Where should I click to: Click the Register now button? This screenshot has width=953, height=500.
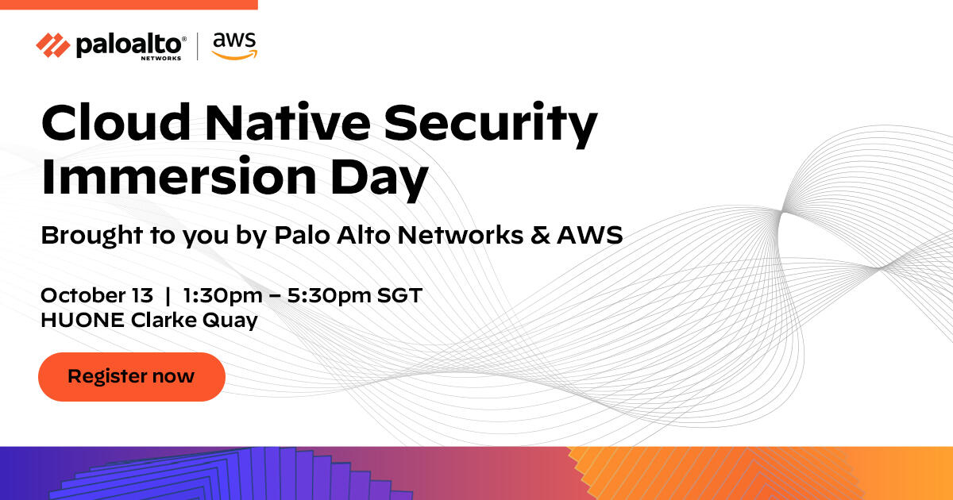point(132,376)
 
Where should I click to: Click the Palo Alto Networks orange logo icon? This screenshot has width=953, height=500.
point(53,46)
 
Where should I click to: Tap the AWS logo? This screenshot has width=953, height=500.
point(234,46)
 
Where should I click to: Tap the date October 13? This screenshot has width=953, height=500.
point(97,295)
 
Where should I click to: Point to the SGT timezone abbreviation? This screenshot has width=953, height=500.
point(399,295)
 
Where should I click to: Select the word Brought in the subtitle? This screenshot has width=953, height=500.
point(80,237)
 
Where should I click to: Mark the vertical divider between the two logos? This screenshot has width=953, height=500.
point(198,46)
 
